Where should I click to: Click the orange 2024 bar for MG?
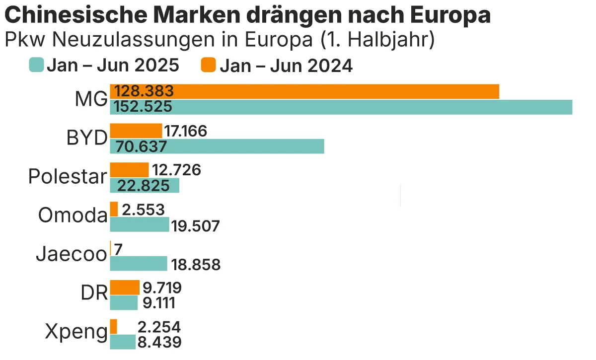coord(304,91)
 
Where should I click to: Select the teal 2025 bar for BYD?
coord(217,146)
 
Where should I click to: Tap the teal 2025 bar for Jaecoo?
coord(139,264)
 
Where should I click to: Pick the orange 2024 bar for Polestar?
coord(129,170)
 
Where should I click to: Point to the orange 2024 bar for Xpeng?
coord(114,326)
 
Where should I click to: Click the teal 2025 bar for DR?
coord(124,302)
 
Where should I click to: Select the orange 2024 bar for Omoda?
coord(114,209)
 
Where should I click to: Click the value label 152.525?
coord(144,107)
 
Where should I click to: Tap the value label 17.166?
coord(185,131)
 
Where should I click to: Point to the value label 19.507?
coord(195,226)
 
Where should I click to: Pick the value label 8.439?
coord(159,342)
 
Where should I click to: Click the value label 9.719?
coord(162,288)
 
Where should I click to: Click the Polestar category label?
coord(68,176)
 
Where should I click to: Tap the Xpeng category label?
coord(76,332)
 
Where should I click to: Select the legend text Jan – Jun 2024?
coord(286,66)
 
